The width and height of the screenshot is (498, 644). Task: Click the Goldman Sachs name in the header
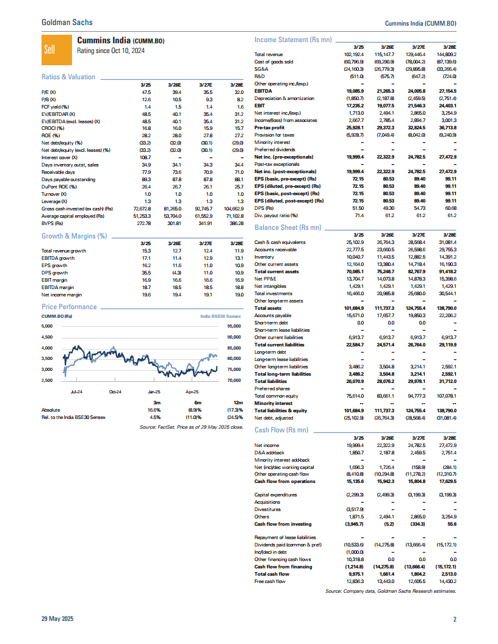(67, 22)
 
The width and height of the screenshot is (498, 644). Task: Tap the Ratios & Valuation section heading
(68, 77)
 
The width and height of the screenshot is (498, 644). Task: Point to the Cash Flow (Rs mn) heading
(282, 430)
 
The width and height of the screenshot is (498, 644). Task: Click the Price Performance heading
(66, 307)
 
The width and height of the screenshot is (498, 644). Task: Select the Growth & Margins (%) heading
(74, 235)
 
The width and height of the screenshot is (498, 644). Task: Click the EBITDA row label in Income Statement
(264, 90)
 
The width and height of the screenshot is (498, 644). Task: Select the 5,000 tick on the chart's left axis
(48, 326)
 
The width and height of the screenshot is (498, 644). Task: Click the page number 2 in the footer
(455, 620)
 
